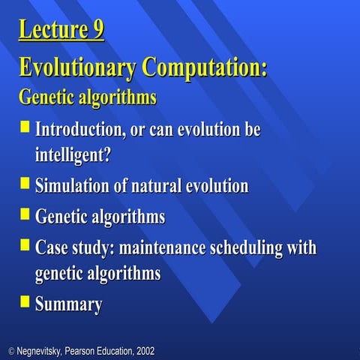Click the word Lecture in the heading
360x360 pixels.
tap(52, 31)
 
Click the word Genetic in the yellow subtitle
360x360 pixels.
tap(43, 97)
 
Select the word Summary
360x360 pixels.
tap(68, 304)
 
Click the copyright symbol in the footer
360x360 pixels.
tap(10, 351)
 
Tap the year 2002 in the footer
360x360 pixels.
tap(144, 351)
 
